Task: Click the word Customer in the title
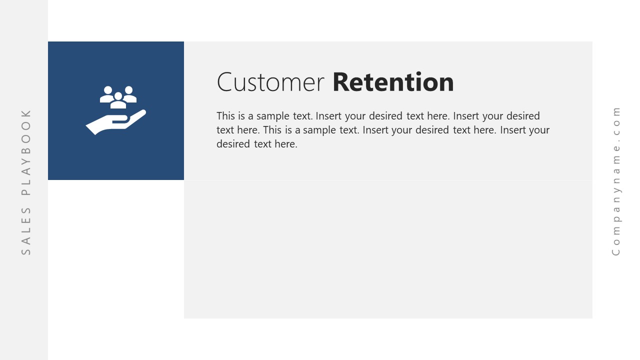point(270,82)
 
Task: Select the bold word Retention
point(393,82)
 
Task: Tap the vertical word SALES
point(26,231)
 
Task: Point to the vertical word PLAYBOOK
point(26,152)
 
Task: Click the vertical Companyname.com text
point(616,181)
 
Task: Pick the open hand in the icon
point(115,122)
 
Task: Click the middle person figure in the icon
point(118,100)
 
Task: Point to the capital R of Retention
point(340,82)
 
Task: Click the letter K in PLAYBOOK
point(26,113)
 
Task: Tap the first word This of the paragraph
point(225,116)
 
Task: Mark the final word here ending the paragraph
point(286,144)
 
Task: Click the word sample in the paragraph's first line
point(273,116)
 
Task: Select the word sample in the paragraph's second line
point(319,130)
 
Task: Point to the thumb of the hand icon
point(120,119)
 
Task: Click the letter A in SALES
point(26,241)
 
